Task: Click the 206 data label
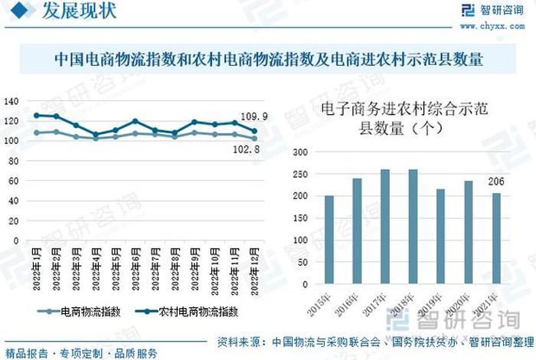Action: [x=495, y=182]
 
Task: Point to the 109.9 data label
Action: [x=254, y=116]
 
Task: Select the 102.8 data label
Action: [x=247, y=150]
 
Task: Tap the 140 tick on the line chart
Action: [x=11, y=101]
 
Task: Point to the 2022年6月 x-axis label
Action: [x=136, y=269]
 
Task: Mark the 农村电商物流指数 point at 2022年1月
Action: [x=37, y=116]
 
